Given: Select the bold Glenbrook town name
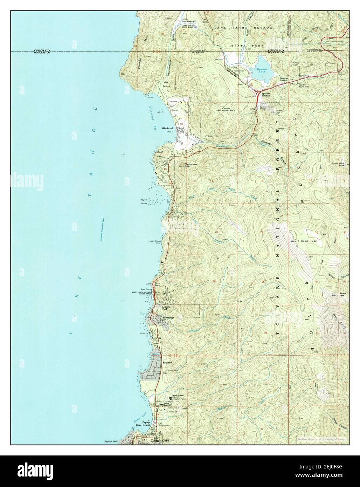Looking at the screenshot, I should [x=168, y=128].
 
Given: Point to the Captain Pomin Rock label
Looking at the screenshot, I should [x=229, y=110].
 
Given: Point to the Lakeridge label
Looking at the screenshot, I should [x=168, y=317].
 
